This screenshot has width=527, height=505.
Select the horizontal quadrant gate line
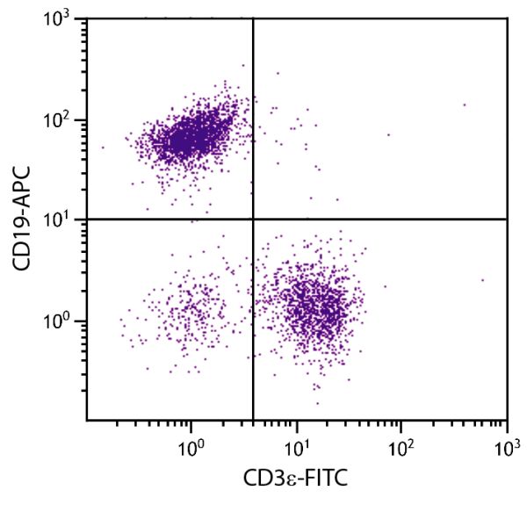tap(378, 219)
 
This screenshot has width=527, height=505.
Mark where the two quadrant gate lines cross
tap(253, 219)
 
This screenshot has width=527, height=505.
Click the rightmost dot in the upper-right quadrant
tap(464, 105)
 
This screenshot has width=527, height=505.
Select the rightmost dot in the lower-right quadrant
tap(482, 280)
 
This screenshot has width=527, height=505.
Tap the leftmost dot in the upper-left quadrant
tap(102, 148)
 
